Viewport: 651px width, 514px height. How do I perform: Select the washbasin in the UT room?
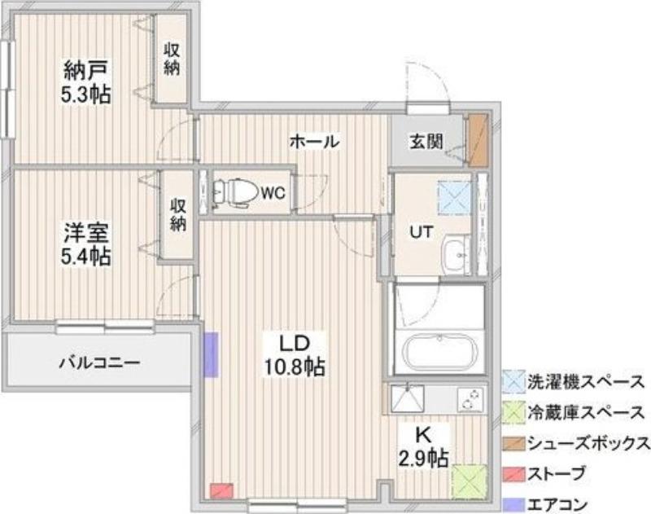click(456, 254)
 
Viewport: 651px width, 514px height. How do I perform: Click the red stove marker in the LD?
click(221, 490)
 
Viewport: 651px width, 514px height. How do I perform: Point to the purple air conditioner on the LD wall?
click(211, 354)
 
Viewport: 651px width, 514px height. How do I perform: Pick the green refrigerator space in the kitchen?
click(470, 481)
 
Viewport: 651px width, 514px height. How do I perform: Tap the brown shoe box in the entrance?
click(478, 140)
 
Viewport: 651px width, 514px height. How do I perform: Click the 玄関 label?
click(426, 142)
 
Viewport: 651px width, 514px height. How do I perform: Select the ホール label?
click(314, 141)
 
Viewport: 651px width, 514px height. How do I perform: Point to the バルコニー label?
click(99, 362)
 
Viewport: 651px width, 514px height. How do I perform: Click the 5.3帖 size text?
click(86, 95)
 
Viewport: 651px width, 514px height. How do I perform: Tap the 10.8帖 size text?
click(295, 367)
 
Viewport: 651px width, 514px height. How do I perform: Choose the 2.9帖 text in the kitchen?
click(423, 459)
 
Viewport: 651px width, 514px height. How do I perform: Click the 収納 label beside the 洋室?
click(177, 215)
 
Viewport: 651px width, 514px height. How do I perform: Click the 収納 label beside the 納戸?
click(172, 59)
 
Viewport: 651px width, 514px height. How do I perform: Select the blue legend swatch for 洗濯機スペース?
click(513, 380)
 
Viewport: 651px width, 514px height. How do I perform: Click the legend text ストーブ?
click(557, 474)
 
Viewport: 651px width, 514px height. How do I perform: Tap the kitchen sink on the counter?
click(408, 399)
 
